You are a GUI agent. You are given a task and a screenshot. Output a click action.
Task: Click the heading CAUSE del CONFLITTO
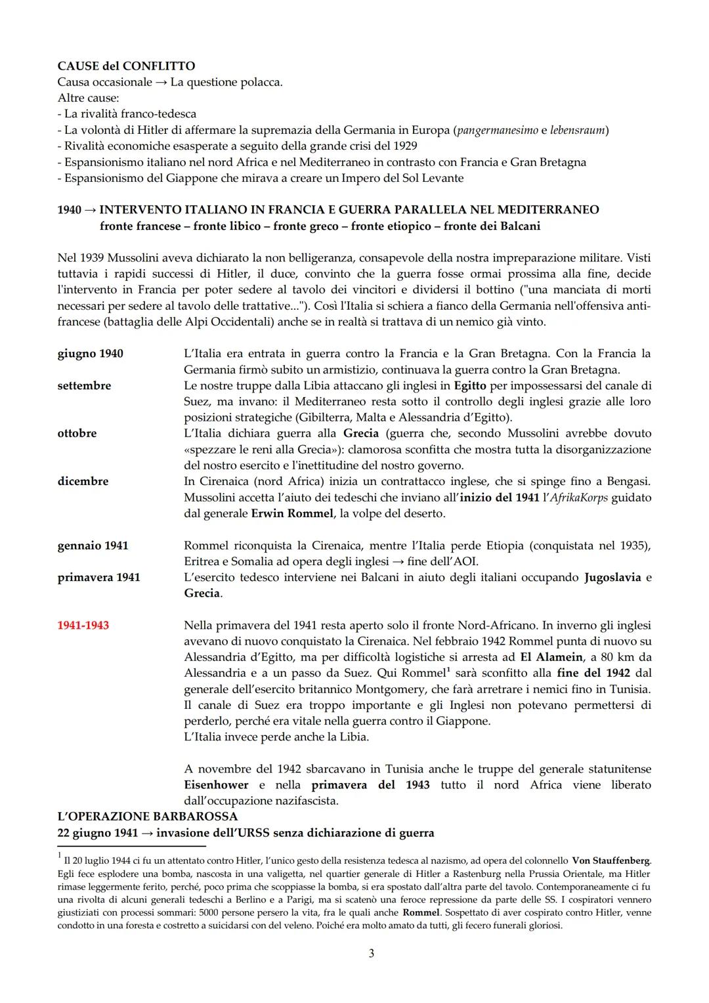point(126,66)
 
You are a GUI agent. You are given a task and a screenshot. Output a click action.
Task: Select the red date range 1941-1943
point(83,625)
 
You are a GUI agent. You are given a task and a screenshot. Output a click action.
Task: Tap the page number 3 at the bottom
point(372,953)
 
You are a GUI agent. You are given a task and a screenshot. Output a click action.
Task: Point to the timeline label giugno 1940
point(90,354)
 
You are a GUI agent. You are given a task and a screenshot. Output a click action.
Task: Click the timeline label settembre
point(84,386)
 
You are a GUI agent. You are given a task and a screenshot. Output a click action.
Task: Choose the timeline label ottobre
point(77,433)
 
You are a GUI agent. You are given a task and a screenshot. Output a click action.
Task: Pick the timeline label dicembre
point(83,481)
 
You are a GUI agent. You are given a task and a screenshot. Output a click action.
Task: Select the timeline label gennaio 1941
point(93,545)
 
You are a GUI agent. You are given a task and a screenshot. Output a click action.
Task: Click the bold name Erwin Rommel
point(292,513)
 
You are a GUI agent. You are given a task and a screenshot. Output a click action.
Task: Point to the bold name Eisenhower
point(216,785)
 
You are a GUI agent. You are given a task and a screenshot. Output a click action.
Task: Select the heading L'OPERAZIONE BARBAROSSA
point(148,817)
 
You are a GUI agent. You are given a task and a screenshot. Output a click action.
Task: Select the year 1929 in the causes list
point(404,146)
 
